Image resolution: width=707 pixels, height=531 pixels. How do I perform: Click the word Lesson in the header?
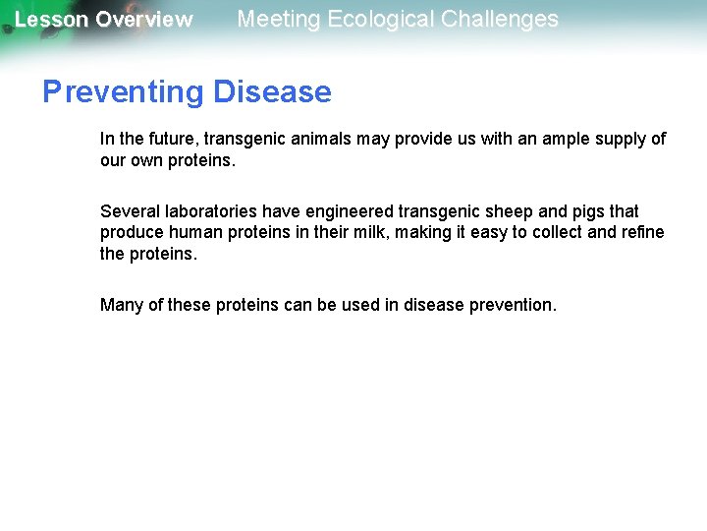50,20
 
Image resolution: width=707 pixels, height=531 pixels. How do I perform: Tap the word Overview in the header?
144,20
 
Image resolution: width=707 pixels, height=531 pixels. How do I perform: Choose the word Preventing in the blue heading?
122,91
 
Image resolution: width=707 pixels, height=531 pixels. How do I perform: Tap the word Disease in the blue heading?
272,91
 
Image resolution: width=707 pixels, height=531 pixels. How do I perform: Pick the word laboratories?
215,211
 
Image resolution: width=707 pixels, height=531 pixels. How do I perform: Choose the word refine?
642,232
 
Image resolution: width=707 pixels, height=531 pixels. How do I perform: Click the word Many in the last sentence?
122,305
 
